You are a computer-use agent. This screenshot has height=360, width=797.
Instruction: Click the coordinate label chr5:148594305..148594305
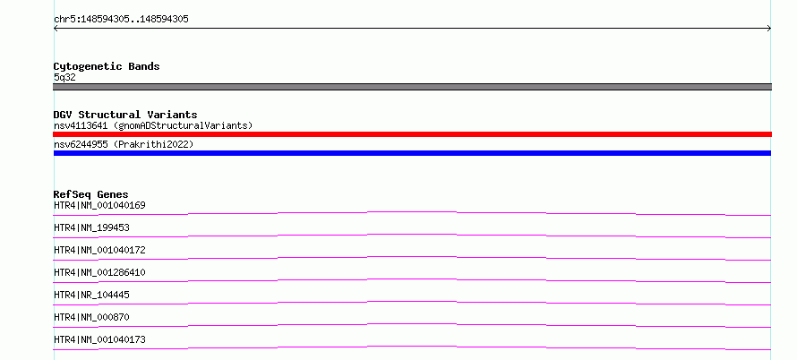point(121,20)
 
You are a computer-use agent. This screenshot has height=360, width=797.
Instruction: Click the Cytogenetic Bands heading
point(107,66)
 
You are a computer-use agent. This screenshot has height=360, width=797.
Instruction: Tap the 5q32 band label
point(64,78)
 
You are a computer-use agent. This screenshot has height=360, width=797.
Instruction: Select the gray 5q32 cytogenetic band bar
point(412,87)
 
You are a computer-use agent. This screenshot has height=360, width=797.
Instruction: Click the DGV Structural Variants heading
point(125,115)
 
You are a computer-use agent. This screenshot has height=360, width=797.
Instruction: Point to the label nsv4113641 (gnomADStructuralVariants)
point(153,125)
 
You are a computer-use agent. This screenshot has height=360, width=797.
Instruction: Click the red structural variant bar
point(412,134)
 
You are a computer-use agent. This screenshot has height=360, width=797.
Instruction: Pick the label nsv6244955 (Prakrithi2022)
point(124,144)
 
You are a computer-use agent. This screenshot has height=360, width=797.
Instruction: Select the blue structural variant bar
point(412,153)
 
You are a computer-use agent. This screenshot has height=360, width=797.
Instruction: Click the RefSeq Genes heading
point(91,194)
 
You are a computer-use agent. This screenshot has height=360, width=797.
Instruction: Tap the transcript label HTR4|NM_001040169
point(99,205)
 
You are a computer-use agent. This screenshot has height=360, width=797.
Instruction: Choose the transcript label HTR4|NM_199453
point(91,227)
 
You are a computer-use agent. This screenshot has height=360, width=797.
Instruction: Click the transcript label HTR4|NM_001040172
point(99,250)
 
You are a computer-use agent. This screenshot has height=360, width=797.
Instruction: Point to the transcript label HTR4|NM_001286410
point(99,272)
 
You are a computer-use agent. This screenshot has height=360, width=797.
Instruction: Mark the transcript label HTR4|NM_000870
point(91,317)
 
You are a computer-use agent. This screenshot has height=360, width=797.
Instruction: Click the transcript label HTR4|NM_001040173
point(99,339)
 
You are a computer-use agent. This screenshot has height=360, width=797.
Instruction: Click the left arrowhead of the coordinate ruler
point(55,29)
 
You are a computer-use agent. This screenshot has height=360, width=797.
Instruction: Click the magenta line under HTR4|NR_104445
point(412,302)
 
